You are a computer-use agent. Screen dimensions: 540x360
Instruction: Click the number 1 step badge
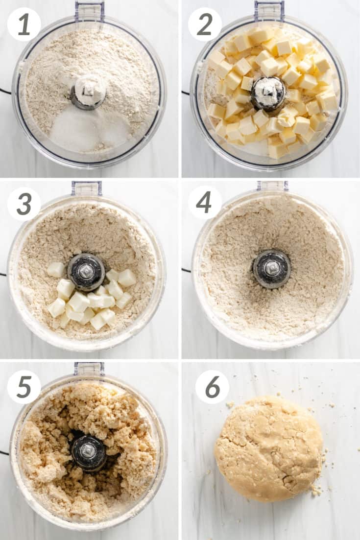(x=24, y=24)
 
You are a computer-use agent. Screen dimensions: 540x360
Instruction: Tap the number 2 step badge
(x=205, y=24)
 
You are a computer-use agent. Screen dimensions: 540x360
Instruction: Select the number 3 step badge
(x=24, y=204)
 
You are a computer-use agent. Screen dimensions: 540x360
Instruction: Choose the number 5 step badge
(x=24, y=387)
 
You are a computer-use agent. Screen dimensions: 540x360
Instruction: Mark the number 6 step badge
(x=212, y=387)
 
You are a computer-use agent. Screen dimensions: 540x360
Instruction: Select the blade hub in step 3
(x=86, y=272)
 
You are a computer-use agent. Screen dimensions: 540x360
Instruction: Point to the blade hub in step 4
(x=272, y=269)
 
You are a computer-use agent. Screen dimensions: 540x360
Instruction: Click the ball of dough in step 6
(x=268, y=448)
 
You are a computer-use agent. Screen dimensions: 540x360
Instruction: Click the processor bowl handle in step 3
(x=86, y=188)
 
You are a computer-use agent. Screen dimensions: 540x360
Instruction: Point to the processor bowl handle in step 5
(x=89, y=369)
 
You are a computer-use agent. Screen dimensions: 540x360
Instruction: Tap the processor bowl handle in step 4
(x=272, y=186)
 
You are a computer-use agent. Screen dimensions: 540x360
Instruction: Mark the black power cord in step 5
(x=4, y=453)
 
